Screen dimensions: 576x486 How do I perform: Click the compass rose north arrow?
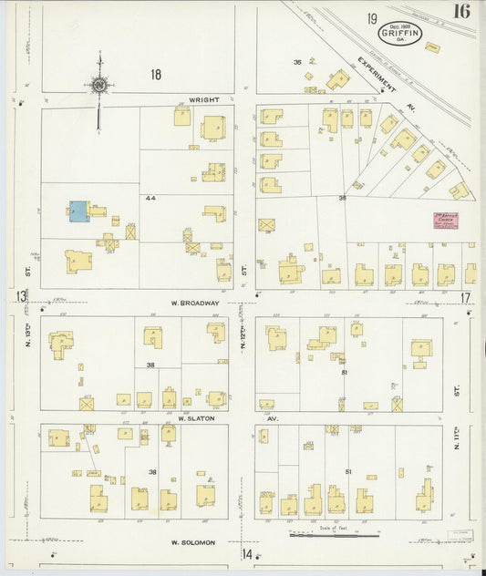tap(99, 85)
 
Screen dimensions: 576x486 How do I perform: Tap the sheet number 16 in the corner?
tap(460, 12)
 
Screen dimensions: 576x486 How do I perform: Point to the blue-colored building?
tap(78, 211)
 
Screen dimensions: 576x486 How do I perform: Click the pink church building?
tap(445, 220)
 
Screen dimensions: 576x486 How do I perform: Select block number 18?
tap(156, 75)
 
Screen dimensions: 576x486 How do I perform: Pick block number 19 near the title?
tap(372, 18)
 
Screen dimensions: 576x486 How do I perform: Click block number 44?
tap(150, 197)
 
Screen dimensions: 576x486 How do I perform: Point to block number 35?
tap(297, 62)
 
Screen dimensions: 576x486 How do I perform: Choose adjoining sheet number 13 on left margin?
tap(20, 296)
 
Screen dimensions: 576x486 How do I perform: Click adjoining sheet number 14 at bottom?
tap(246, 553)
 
